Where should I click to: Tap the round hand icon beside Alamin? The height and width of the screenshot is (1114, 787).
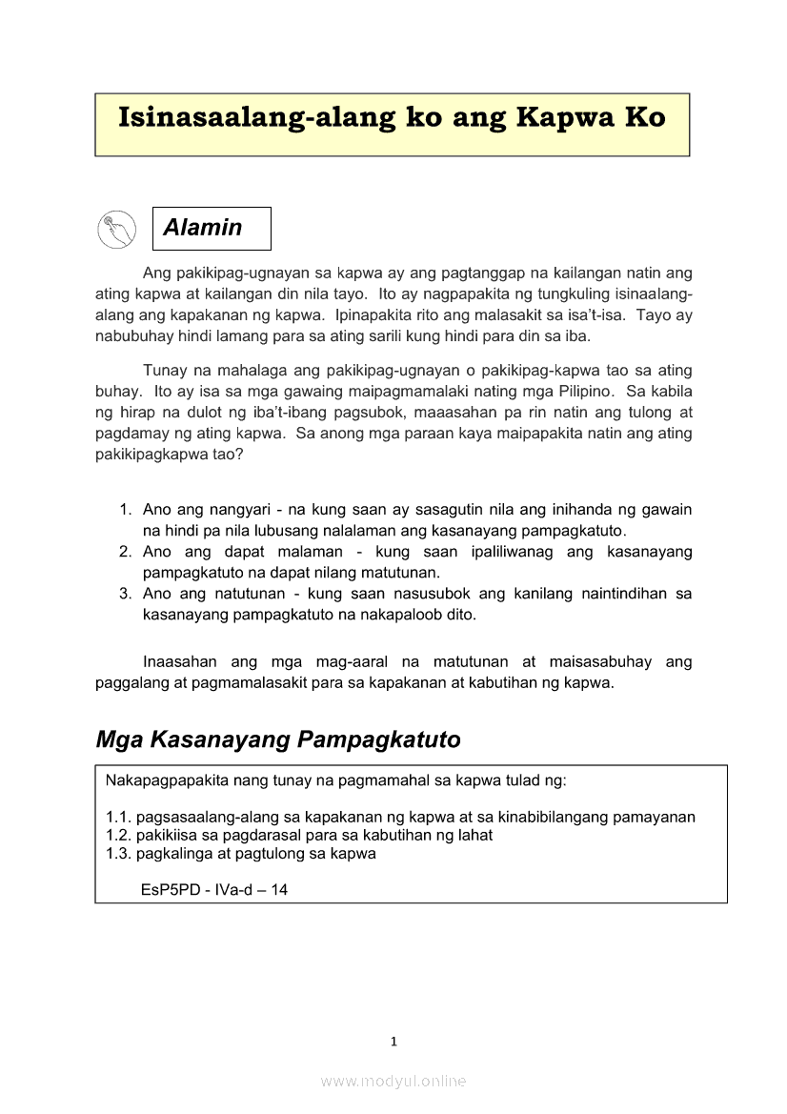click(117, 229)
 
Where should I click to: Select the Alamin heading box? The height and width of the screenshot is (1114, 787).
click(212, 229)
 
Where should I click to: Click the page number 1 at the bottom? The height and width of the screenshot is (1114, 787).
click(393, 1041)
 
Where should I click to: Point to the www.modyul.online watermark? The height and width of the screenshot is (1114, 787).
click(393, 1081)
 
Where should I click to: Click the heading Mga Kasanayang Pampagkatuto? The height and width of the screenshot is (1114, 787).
click(278, 739)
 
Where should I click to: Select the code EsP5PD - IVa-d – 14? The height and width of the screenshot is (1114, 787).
click(214, 889)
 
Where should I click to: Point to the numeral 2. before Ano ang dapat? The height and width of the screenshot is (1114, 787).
click(125, 552)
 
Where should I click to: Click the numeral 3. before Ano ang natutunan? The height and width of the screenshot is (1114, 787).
click(125, 594)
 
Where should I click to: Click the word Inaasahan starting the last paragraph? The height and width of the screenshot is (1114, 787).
click(180, 661)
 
